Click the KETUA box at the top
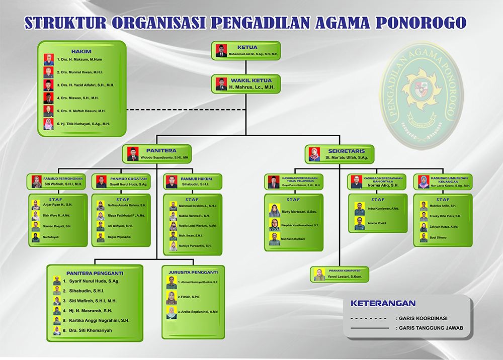click(245, 50)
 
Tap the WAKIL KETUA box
click(245, 83)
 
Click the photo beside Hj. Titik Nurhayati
click(48, 124)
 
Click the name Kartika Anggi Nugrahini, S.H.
click(96, 320)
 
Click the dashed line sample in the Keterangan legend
click(368, 318)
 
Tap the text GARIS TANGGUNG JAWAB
click(430, 328)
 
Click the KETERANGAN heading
click(383, 303)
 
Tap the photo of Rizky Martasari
click(275, 210)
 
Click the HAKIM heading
click(81, 51)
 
